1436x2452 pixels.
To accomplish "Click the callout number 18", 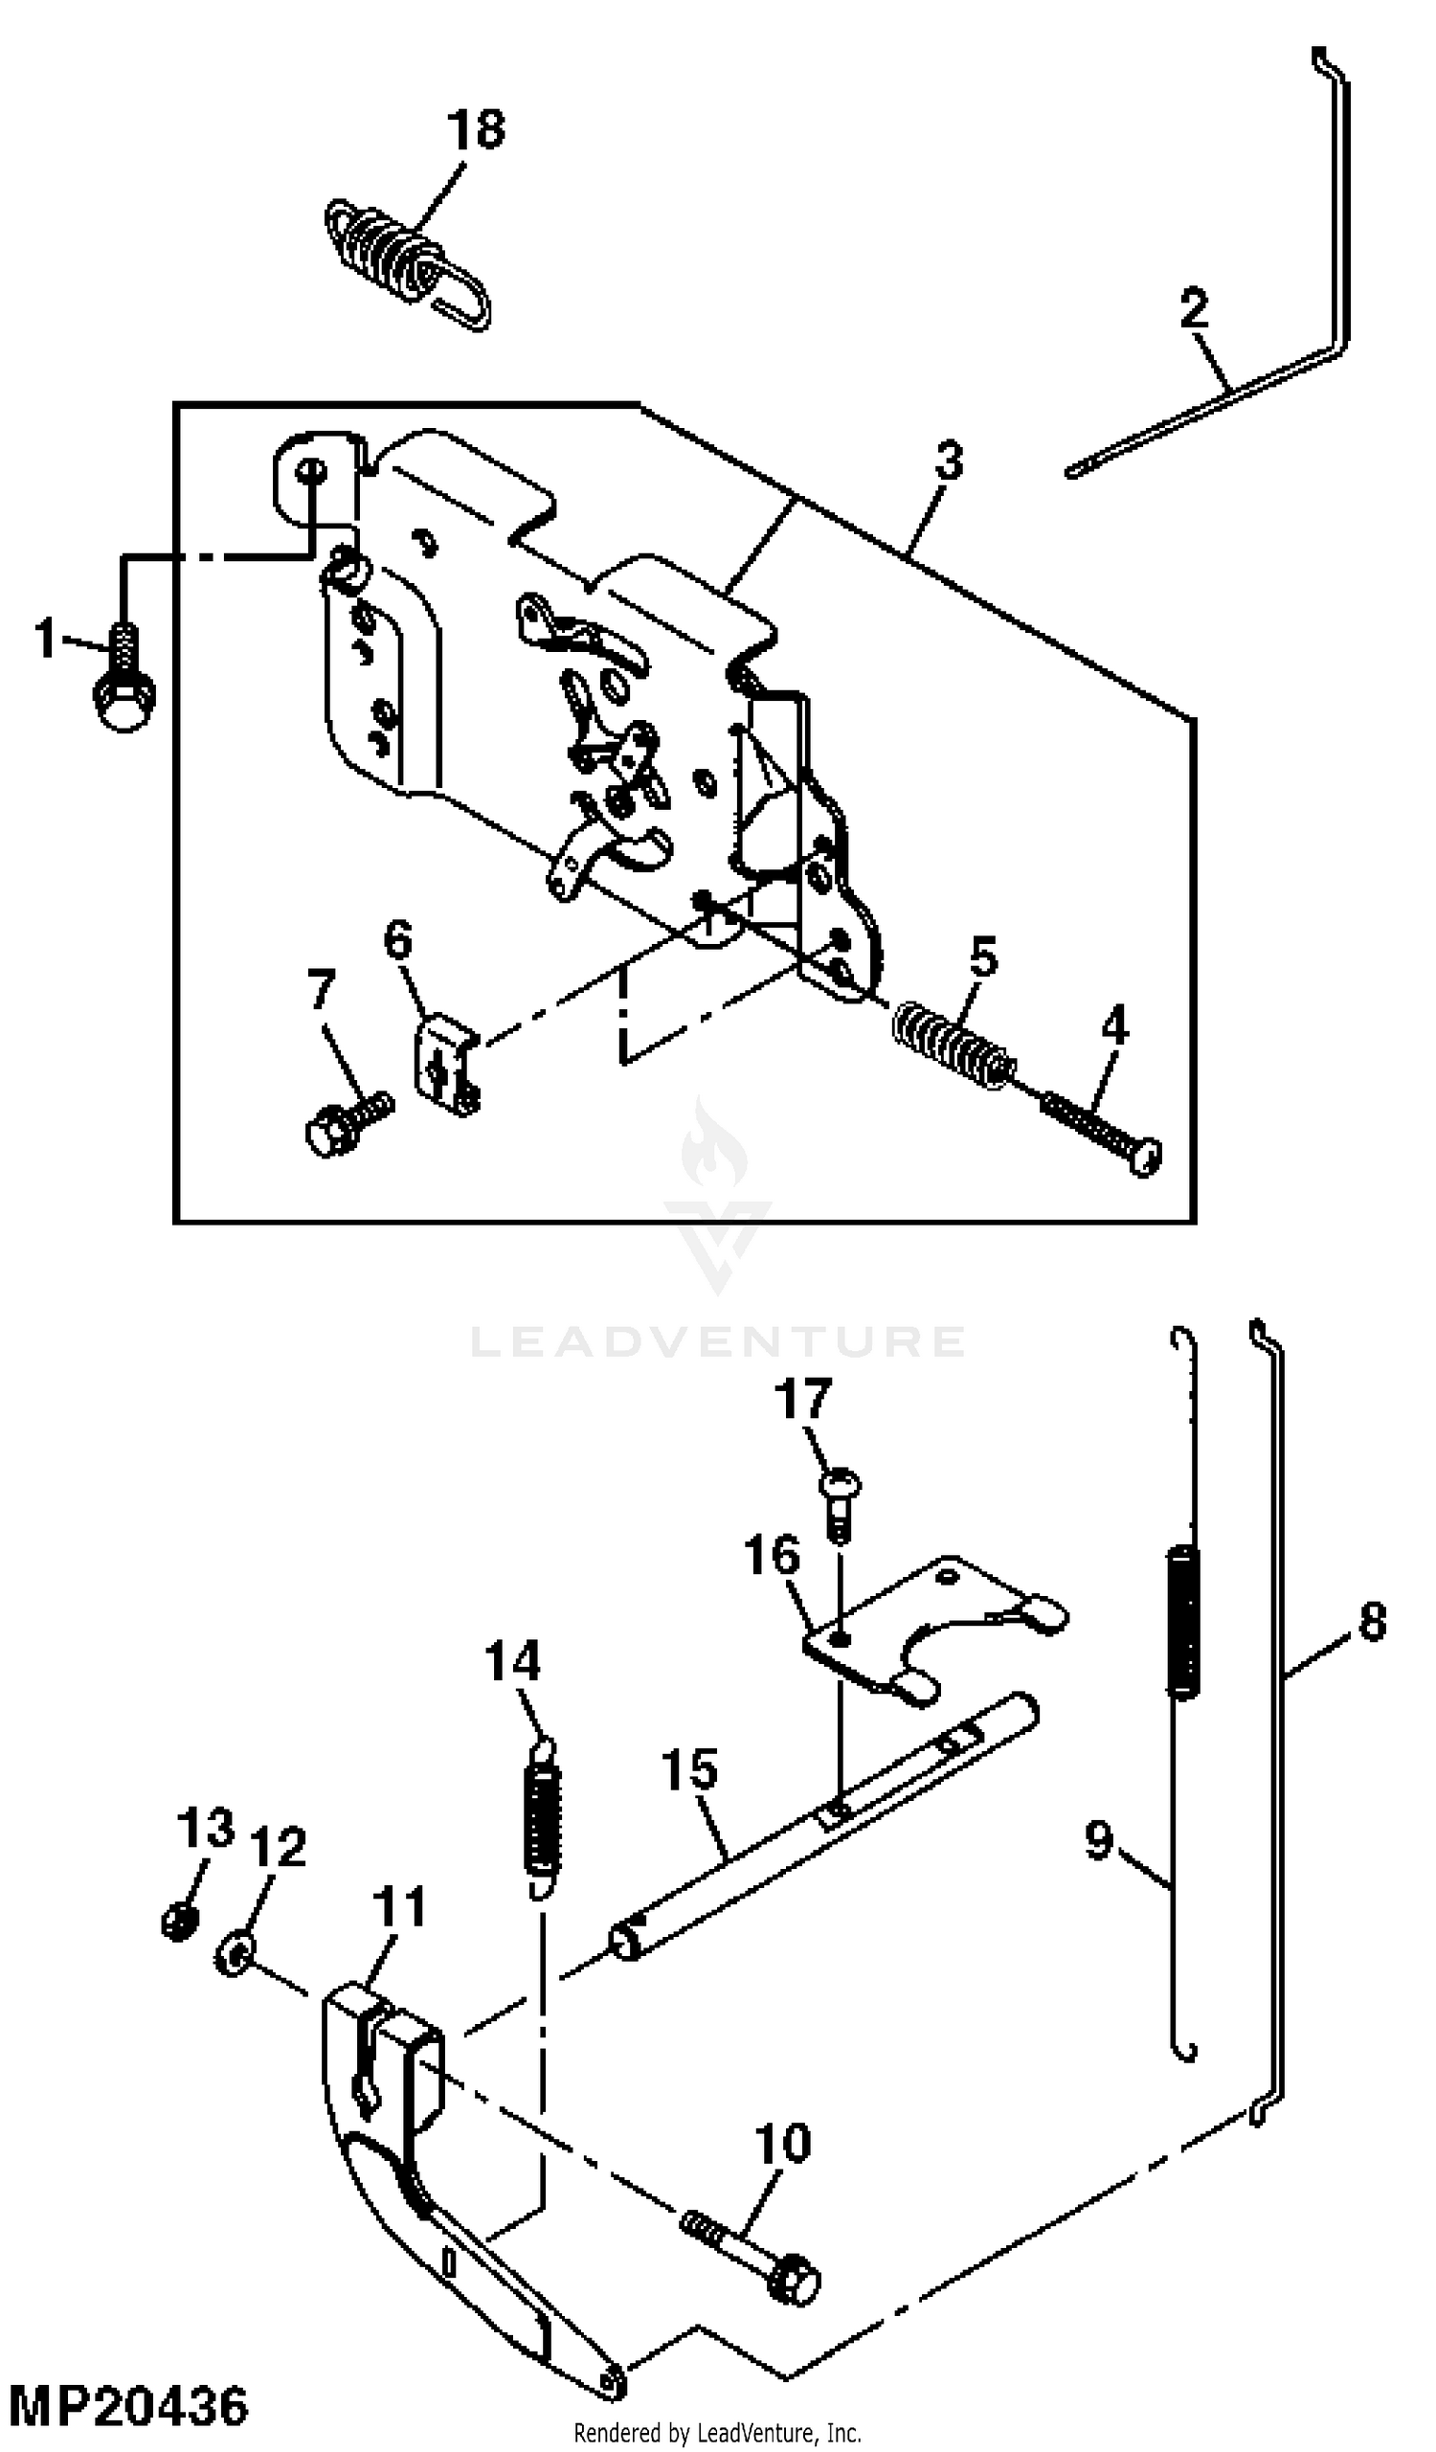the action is pyautogui.click(x=476, y=128).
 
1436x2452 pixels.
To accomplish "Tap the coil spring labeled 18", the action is pyautogui.click(x=407, y=260).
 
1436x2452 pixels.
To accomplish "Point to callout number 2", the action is pyautogui.click(x=1194, y=308).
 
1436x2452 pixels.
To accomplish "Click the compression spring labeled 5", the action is pyautogui.click(x=954, y=1044).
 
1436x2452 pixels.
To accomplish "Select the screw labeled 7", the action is pyautogui.click(x=349, y=1124).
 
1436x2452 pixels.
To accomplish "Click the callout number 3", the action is pyautogui.click(x=949, y=461).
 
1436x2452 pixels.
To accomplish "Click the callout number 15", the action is pyautogui.click(x=690, y=1769).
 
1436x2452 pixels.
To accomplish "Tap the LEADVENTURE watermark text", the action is pyautogui.click(x=718, y=1340).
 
